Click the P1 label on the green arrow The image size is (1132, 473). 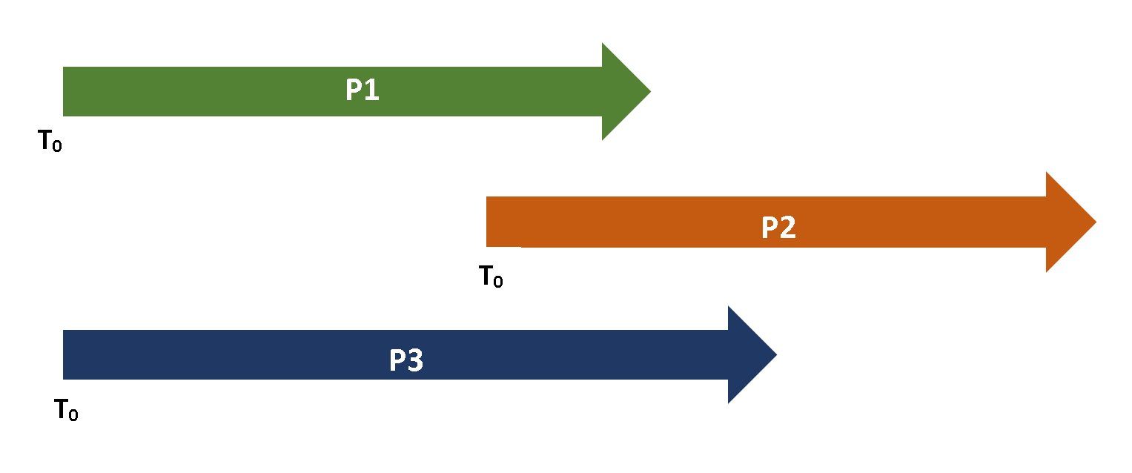(x=363, y=90)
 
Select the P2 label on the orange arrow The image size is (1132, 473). (x=778, y=228)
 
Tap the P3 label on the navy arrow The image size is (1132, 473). (x=406, y=360)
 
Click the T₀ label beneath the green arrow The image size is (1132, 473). (x=50, y=141)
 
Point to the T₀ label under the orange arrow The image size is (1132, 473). (x=491, y=277)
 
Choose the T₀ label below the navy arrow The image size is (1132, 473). (x=66, y=409)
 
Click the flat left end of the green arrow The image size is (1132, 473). (x=64, y=91)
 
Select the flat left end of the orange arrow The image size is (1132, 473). (x=488, y=222)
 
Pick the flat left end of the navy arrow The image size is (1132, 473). (x=64, y=354)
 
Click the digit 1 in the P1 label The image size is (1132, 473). (x=373, y=90)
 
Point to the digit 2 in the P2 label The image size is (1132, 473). (x=788, y=228)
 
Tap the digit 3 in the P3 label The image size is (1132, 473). (x=415, y=360)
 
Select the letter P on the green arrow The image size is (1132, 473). (x=354, y=90)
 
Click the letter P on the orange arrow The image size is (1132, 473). (x=769, y=228)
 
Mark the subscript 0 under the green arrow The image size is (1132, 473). (x=57, y=145)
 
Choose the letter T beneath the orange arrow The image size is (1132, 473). (x=486, y=275)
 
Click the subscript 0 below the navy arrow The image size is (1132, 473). (x=73, y=414)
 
